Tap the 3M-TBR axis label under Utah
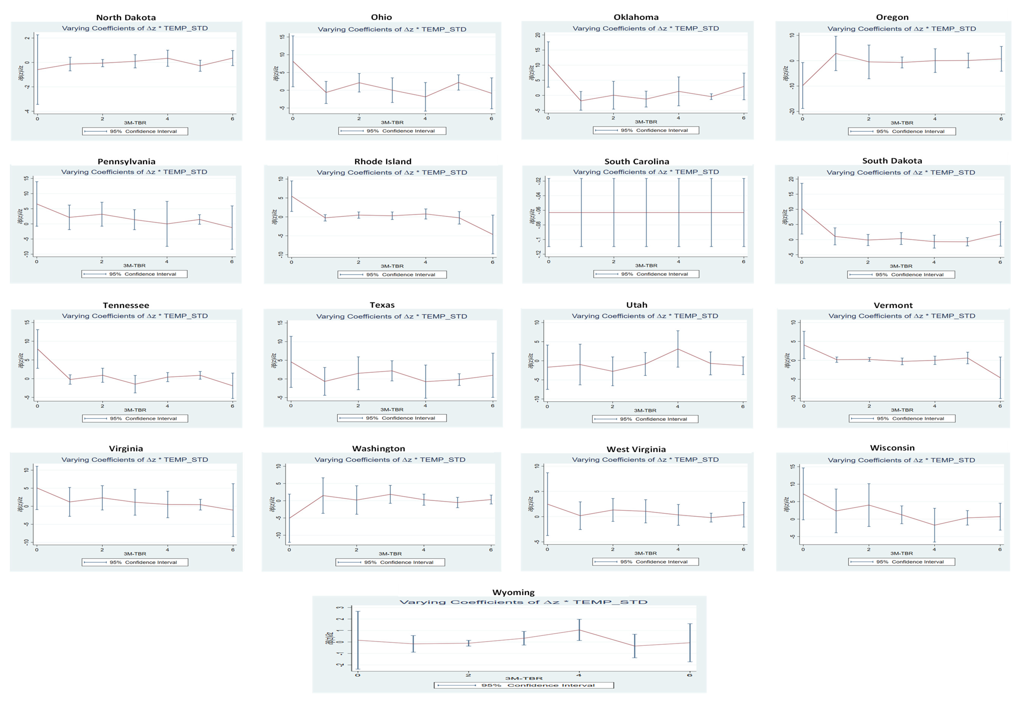pyautogui.click(x=645, y=410)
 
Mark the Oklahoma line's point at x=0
pyautogui.click(x=548, y=64)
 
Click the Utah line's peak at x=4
pyautogui.click(x=678, y=349)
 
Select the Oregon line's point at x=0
pyautogui.click(x=802, y=86)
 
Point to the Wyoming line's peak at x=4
pyautogui.click(x=579, y=629)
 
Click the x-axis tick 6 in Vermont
pyautogui.click(x=1000, y=406)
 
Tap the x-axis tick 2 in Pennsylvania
pyautogui.click(x=102, y=261)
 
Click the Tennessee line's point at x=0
pyautogui.click(x=37, y=348)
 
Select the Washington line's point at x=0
pyautogui.click(x=289, y=518)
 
